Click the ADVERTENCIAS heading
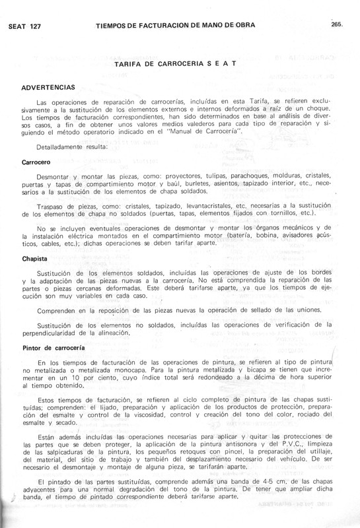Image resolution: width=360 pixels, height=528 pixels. point(48,88)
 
